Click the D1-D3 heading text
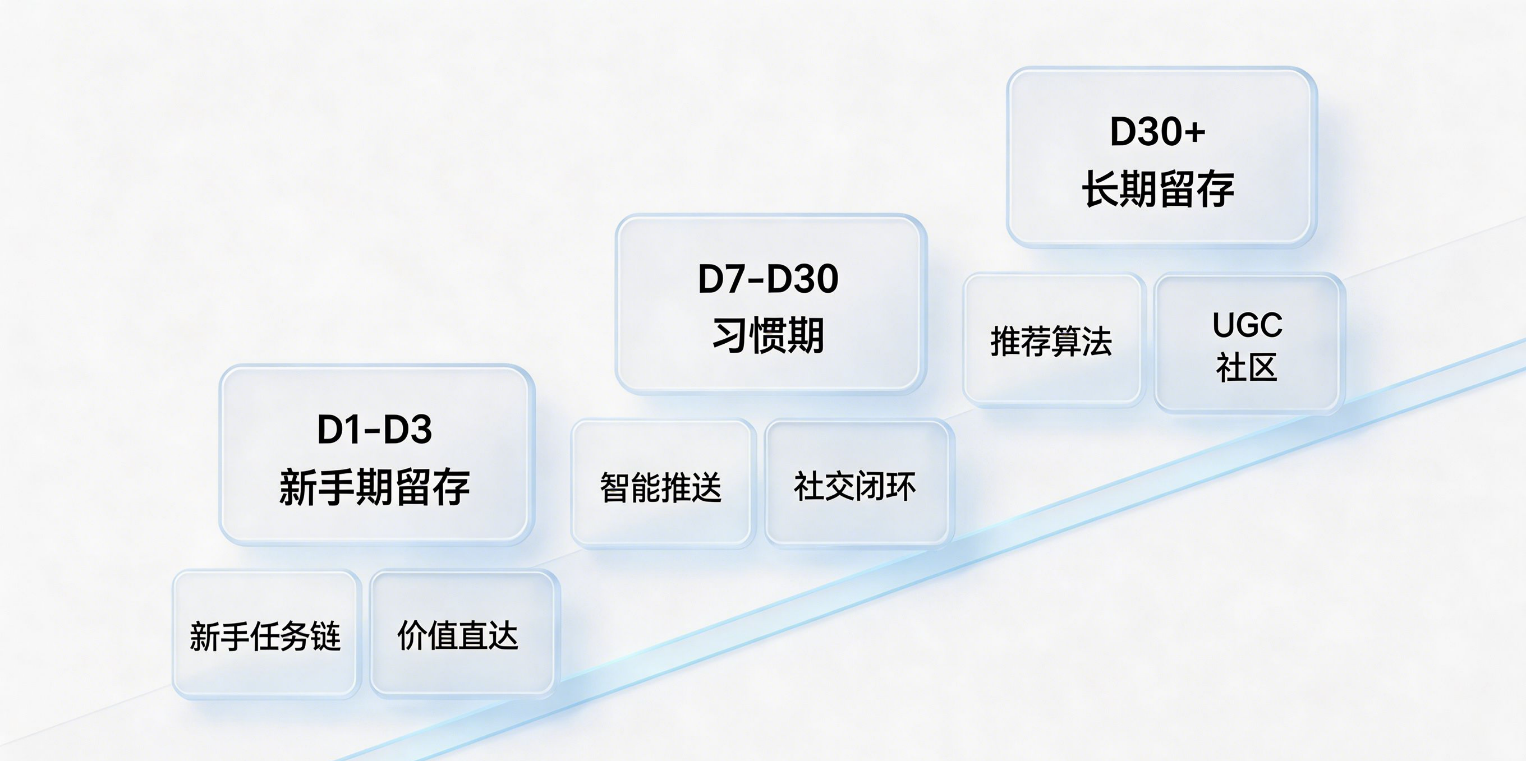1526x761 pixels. (374, 429)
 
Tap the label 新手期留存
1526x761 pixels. (374, 487)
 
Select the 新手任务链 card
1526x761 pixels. (266, 634)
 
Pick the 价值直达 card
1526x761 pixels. (463, 634)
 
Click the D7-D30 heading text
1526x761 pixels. (769, 278)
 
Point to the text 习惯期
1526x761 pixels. (769, 335)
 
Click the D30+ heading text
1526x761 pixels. (1157, 131)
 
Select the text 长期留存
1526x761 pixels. (1157, 189)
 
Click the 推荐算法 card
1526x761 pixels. (1052, 340)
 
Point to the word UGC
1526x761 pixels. (1247, 325)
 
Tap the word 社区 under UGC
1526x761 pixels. (1247, 367)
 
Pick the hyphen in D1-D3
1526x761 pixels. (375, 431)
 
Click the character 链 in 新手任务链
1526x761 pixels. (326, 636)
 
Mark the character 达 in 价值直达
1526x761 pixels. (503, 635)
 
